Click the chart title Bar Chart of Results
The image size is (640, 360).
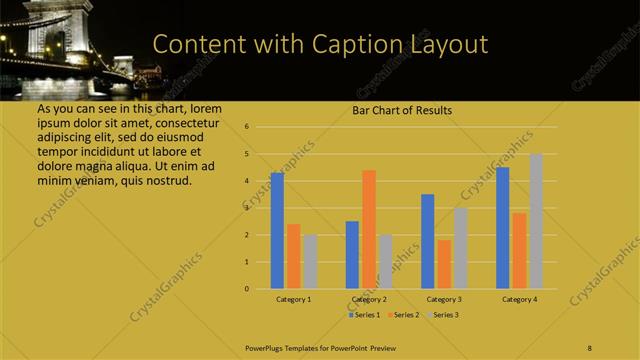(401, 110)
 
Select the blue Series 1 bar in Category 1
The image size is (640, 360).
(277, 230)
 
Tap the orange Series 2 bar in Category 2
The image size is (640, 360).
(368, 229)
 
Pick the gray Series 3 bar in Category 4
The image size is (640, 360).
(536, 221)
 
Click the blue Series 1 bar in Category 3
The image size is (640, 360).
(428, 241)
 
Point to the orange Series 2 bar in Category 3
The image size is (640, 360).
(444, 264)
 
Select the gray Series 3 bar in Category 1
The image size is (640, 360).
(310, 261)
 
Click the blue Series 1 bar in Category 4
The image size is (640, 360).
(503, 227)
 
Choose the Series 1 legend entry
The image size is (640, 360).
(363, 315)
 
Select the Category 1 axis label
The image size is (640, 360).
(293, 299)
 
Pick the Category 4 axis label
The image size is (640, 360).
(519, 299)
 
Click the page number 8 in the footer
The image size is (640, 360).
(591, 345)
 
